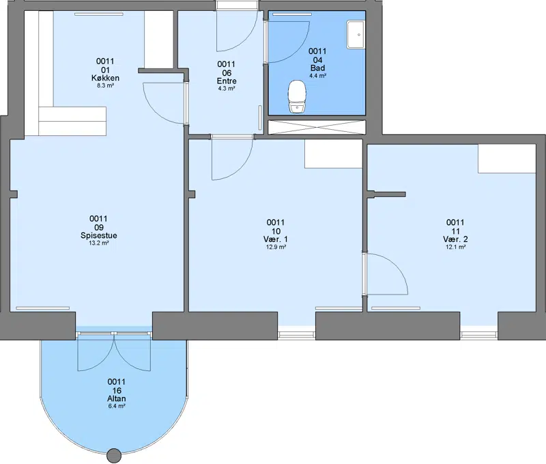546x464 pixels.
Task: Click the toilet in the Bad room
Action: click(x=297, y=96)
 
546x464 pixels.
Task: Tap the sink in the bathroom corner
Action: click(x=356, y=34)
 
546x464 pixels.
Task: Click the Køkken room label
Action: click(x=105, y=78)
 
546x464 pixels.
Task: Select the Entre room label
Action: click(x=227, y=81)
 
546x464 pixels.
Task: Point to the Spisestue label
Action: click(x=98, y=235)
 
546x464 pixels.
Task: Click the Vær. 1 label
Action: click(x=276, y=239)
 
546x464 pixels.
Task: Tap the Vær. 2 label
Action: click(x=455, y=239)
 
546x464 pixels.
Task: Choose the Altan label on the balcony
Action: click(x=116, y=398)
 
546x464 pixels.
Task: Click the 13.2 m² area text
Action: click(x=98, y=243)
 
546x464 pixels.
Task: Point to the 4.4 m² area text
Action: click(x=317, y=76)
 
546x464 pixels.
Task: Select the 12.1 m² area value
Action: click(x=455, y=247)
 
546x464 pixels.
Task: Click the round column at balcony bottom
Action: click(x=113, y=456)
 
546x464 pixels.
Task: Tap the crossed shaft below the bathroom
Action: click(x=317, y=127)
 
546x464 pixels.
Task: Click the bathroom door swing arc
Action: click(x=300, y=49)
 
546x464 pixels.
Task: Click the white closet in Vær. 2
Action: click(x=506, y=159)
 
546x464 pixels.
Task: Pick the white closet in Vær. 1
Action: click(x=334, y=154)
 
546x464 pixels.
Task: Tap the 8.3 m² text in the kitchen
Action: click(x=105, y=85)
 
